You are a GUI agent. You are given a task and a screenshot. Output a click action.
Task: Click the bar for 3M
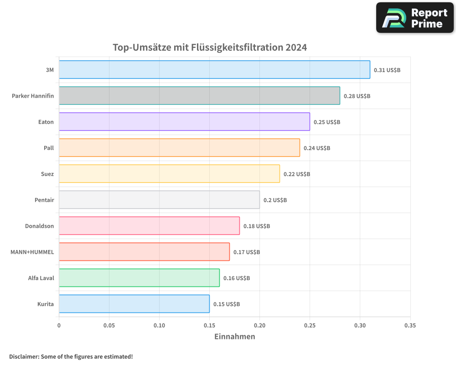(214, 70)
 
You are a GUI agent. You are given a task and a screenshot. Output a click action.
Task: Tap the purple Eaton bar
(184, 122)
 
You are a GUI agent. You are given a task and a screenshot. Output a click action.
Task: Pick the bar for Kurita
(134, 304)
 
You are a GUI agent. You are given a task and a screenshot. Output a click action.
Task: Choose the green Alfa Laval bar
(139, 278)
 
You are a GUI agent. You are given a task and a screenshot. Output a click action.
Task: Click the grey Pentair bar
(159, 200)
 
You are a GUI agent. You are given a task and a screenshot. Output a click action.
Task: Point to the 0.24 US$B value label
(317, 148)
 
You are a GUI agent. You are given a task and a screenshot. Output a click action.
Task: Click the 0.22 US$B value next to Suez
(297, 174)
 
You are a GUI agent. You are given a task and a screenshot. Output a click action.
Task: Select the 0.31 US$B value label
(387, 70)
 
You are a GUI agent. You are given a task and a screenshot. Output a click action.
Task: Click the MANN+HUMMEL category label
(32, 252)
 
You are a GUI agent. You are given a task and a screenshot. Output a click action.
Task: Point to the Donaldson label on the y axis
(39, 226)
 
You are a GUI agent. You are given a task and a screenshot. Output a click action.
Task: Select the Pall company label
(49, 148)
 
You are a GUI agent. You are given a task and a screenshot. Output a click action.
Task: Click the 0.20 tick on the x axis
(259, 325)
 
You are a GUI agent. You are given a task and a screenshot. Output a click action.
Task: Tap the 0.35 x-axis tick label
(410, 325)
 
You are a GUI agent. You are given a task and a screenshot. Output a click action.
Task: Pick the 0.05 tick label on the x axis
(109, 325)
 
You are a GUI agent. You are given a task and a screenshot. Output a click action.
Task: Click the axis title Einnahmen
(234, 337)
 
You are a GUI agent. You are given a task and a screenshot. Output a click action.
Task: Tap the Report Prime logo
(415, 18)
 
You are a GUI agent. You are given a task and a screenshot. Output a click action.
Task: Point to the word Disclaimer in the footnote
(23, 356)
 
